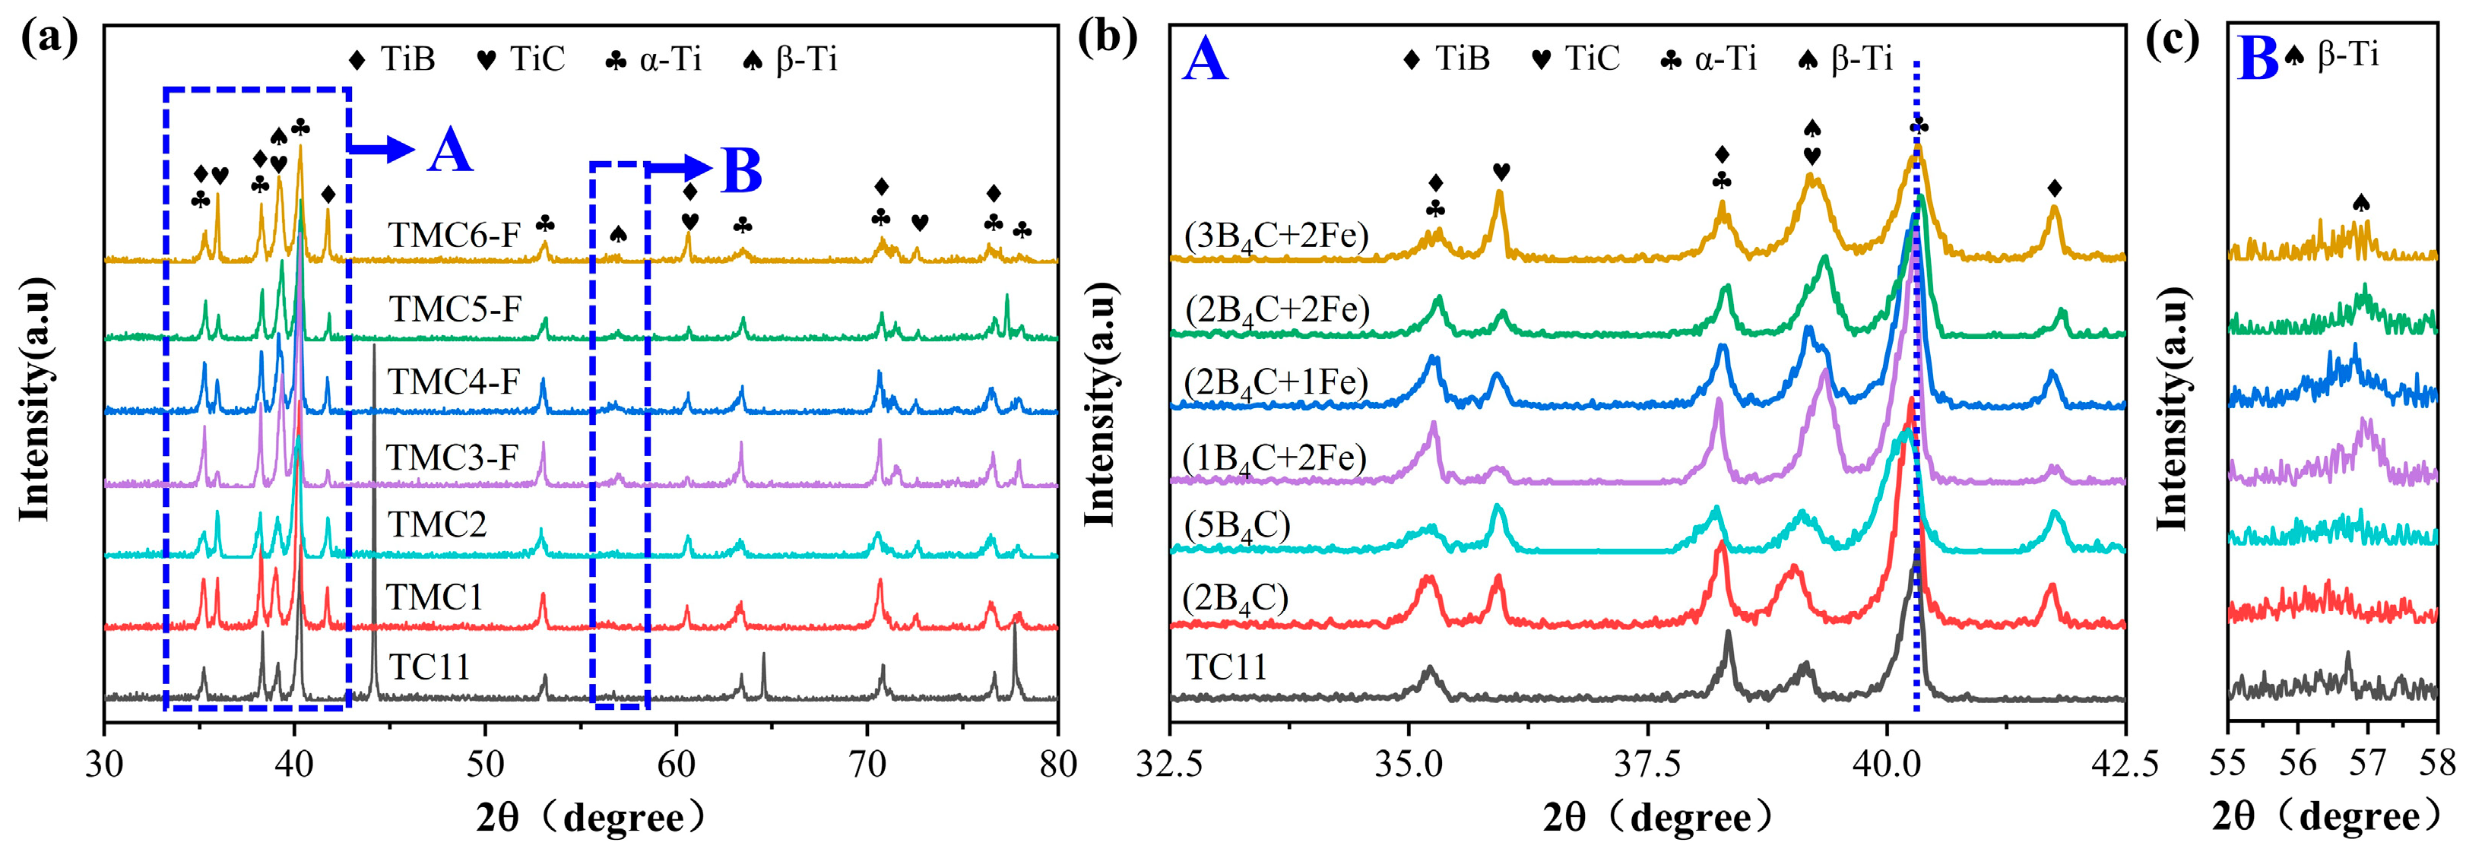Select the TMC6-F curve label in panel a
point(454,236)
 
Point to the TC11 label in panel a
point(429,667)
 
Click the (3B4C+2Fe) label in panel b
point(1276,236)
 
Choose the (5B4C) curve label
point(1237,527)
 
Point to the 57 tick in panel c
point(2367,763)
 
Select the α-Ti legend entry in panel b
point(1708,59)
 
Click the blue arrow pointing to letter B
point(679,169)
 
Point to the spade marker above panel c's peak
point(2360,203)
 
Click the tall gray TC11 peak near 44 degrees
point(373,521)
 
